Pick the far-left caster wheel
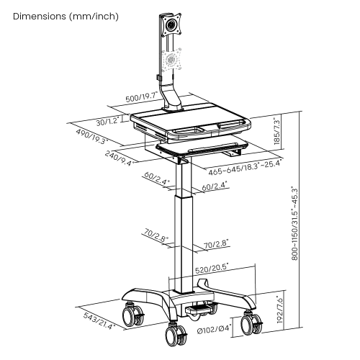pyautogui.click(x=132, y=315)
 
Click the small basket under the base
pyautogui.click(x=198, y=307)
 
